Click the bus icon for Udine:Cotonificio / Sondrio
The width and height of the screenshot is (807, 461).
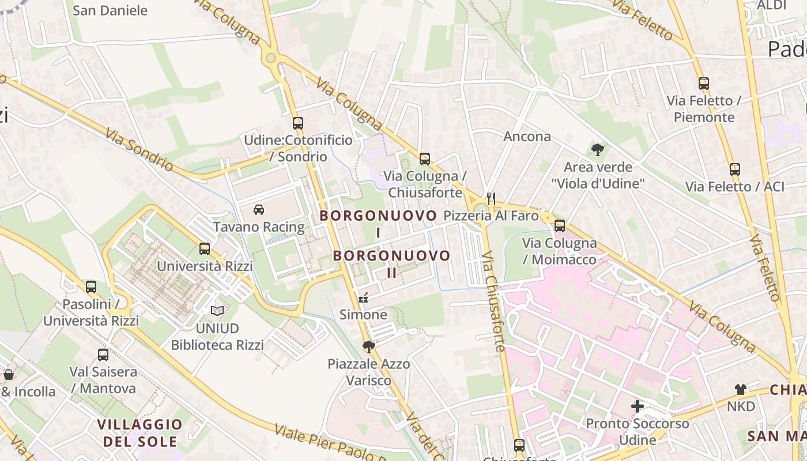[297, 123]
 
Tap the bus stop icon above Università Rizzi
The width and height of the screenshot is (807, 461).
[205, 249]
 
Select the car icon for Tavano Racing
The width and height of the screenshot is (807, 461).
[259, 210]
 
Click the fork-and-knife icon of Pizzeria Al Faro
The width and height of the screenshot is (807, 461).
[491, 199]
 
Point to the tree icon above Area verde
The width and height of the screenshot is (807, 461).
[598, 150]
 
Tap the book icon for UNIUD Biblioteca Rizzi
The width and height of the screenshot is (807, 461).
[217, 311]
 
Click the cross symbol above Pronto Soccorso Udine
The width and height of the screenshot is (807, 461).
[638, 406]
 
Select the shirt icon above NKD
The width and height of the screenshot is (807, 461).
[741, 390]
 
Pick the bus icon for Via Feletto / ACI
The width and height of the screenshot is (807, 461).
[734, 169]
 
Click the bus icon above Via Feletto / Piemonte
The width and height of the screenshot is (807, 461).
[703, 83]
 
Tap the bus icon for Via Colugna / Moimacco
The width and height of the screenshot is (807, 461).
[559, 226]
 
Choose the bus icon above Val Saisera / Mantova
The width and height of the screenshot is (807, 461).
[103, 355]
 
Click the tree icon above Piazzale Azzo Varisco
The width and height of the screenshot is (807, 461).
[368, 346]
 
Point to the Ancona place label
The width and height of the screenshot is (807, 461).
[527, 137]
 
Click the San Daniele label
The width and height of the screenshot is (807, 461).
[110, 10]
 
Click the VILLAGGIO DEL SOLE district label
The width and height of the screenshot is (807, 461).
[139, 433]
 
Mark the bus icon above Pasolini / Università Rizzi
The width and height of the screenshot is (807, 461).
[91, 287]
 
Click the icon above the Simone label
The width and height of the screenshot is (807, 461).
[363, 298]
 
